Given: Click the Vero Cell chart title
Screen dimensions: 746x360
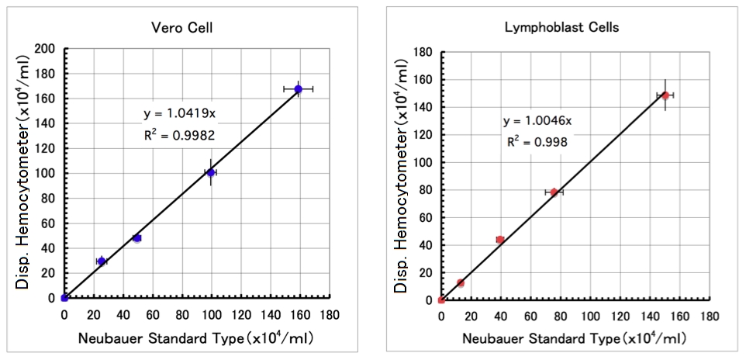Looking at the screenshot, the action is (x=181, y=28).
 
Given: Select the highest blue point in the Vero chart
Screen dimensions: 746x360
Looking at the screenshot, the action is (x=299, y=89).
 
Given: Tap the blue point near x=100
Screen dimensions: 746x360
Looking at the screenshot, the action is (x=210, y=172).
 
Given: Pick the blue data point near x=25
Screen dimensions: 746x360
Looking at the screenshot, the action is (x=102, y=261).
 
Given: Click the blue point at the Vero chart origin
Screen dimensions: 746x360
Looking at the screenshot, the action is (x=64, y=298).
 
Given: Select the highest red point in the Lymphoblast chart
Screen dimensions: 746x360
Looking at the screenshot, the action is (x=665, y=95).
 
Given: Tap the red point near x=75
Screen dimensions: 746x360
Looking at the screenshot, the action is (x=554, y=192).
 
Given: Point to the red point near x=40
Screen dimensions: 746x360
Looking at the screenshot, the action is (x=500, y=240).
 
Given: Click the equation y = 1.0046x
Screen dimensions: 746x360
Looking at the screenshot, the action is (x=537, y=121).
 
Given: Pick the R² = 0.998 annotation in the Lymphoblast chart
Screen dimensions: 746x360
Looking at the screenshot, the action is (x=536, y=141).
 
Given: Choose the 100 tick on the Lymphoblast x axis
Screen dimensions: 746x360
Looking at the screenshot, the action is (x=590, y=317).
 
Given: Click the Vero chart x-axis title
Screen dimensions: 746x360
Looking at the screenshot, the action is (x=196, y=338).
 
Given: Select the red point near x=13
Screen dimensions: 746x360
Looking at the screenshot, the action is (x=461, y=283).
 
